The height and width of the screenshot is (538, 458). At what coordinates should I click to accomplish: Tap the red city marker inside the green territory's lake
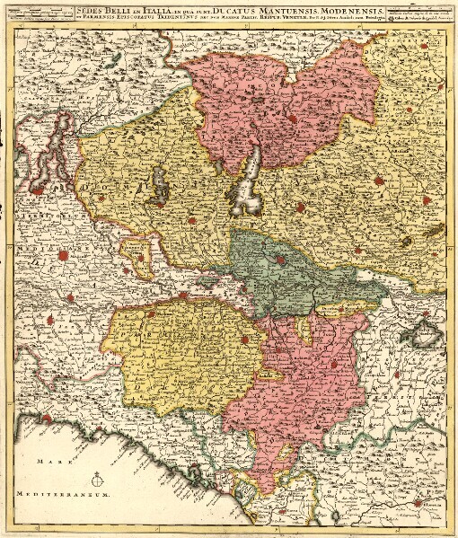[280, 260]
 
